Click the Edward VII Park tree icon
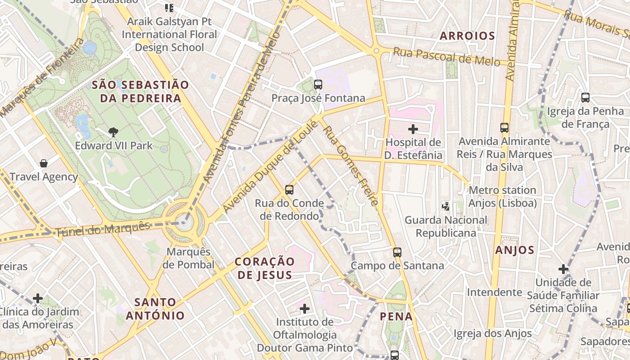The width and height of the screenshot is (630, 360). coord(113,132)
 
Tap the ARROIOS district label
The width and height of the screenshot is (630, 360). coord(467,36)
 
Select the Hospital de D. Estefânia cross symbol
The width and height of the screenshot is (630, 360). coord(413,129)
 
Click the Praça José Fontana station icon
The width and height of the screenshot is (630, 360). coord(318,84)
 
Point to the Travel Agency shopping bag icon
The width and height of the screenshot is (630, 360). coord(44,163)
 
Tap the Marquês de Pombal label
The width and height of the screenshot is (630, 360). coord(188,258)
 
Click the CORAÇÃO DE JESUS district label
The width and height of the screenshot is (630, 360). coord(265,268)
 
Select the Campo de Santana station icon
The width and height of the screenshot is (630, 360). coord(397,252)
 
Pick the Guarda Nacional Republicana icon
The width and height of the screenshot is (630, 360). coord(445,207)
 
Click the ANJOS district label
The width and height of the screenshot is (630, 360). coord(515,250)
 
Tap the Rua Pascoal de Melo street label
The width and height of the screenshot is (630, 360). coord(446,57)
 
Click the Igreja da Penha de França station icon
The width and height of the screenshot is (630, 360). coord(585,97)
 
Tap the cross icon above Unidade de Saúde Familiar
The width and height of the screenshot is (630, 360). coord(563,269)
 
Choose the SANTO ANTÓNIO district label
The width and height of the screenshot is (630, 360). coord(155,309)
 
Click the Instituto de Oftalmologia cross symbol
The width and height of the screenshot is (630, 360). coord(305,309)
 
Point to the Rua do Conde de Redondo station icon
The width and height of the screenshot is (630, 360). coord(289,189)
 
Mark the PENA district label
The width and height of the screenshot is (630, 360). coord(396,316)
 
